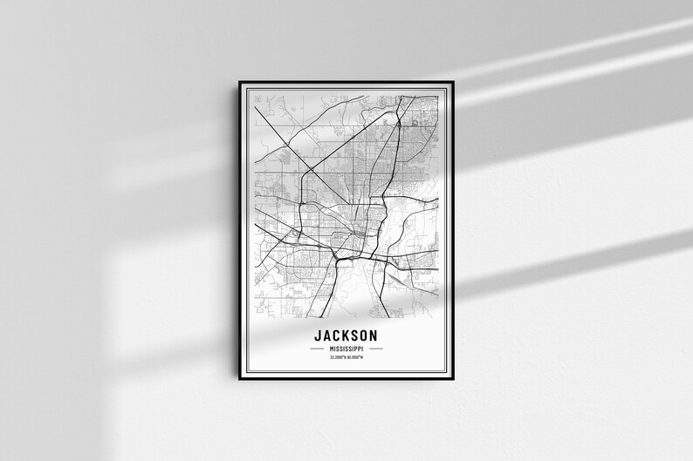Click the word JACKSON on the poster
346,336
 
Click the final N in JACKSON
374,336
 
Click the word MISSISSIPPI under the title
346,349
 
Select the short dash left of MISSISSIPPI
311,349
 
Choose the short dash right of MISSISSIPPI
382,349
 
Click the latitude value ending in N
338,357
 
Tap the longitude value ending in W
355,357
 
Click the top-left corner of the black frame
240,82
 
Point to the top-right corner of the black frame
454,82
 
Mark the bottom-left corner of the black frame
240,381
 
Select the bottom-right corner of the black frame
454,381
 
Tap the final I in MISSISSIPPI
364,349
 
